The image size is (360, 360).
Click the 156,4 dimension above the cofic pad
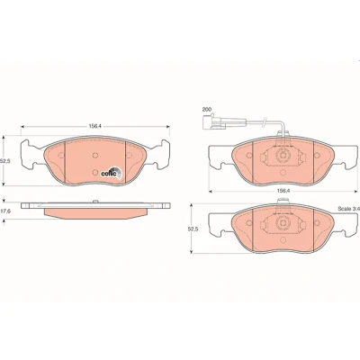94,126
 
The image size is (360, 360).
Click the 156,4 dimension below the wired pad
283,191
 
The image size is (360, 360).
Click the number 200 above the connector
206,109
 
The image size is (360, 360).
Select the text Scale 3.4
348,208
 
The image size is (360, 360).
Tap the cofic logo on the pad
111,173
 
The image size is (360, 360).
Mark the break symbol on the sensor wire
265,121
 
